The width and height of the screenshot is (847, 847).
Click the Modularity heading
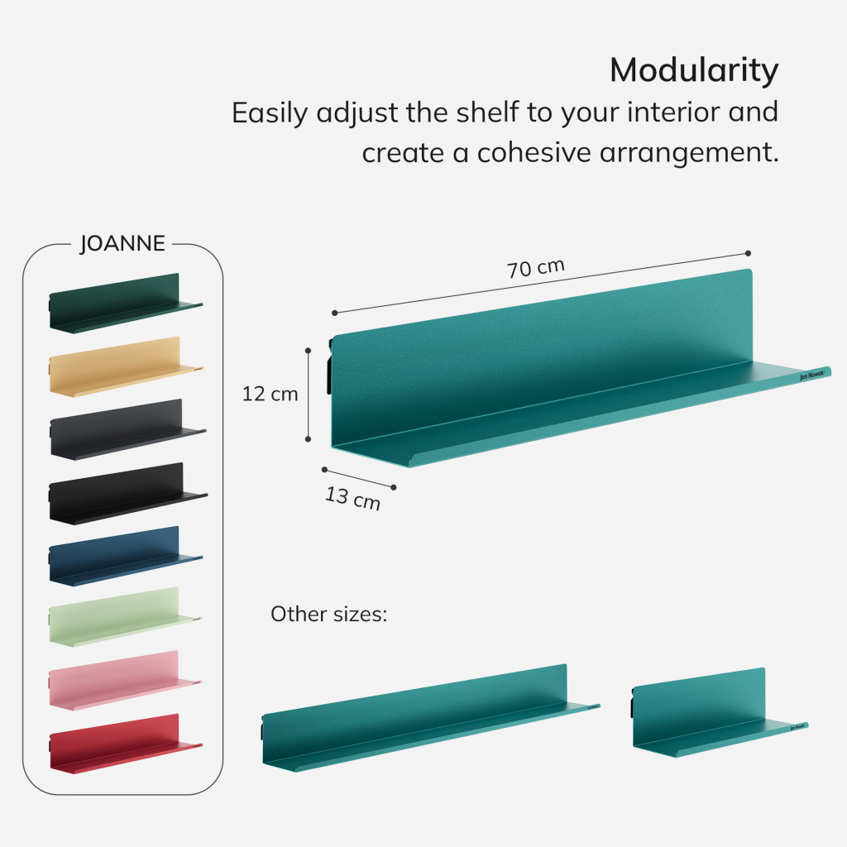(694, 71)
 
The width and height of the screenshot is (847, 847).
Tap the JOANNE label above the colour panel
(122, 244)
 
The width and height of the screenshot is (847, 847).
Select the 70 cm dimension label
(536, 268)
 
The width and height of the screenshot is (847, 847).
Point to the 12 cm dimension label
(270, 394)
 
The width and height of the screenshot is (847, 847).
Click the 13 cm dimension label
(352, 498)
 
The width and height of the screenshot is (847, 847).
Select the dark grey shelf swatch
(127, 429)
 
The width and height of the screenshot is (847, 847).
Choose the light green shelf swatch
(125, 617)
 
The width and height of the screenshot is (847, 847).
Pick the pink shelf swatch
(125, 680)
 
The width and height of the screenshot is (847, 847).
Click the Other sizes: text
(329, 615)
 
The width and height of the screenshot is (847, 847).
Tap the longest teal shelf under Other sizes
(430, 718)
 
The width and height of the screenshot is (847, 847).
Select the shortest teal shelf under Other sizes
(720, 712)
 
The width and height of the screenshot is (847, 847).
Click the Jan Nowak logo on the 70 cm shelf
(812, 375)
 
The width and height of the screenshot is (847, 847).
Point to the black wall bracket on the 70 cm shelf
(329, 366)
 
